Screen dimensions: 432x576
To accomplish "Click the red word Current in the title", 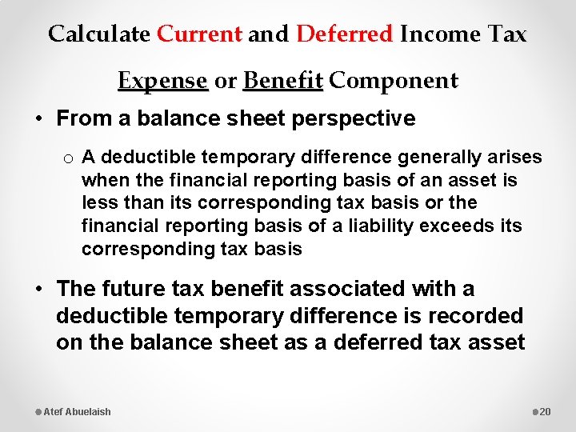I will (x=199, y=34).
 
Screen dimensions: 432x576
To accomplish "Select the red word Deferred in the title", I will (x=345, y=34).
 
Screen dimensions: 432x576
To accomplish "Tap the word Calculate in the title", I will (x=98, y=34).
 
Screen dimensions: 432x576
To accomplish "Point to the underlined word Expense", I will (x=162, y=81).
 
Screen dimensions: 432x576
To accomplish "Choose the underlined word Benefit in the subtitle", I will (x=282, y=81).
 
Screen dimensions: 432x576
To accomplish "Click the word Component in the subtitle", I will (x=394, y=81).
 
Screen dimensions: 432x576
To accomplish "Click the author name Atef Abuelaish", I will (x=77, y=411).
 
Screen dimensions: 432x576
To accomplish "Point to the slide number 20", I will (x=546, y=411).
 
